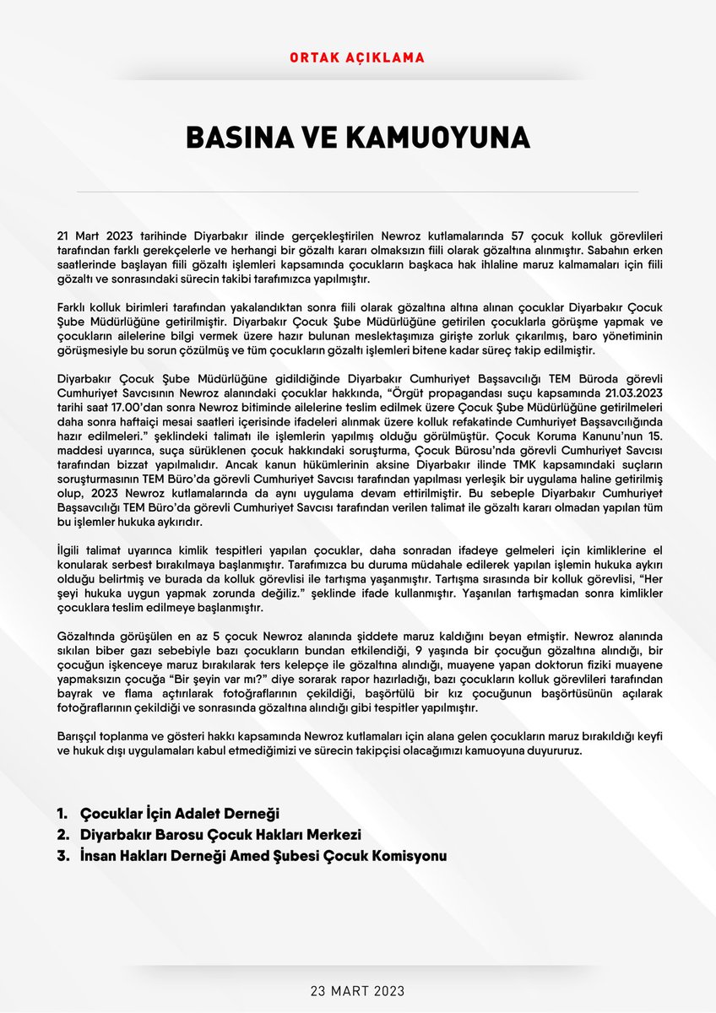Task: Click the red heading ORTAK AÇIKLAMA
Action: (357, 58)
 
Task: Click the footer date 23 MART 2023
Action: (357, 989)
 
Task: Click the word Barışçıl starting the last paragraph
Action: (79, 735)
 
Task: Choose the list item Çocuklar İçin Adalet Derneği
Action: (179, 814)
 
